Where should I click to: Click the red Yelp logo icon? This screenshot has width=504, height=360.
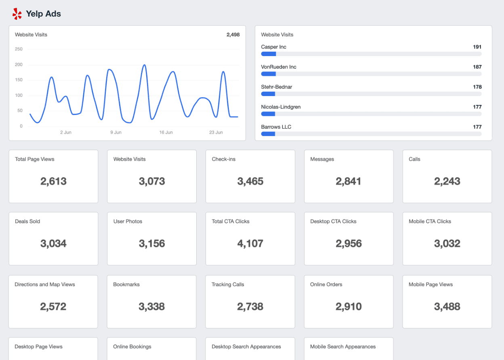pyautogui.click(x=17, y=14)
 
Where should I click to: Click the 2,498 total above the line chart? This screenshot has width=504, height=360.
pyautogui.click(x=233, y=35)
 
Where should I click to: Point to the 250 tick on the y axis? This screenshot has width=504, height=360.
pyautogui.click(x=19, y=49)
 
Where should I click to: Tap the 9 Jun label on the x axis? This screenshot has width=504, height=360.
pyautogui.click(x=115, y=132)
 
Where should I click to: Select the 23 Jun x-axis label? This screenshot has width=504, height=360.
pyautogui.click(x=216, y=132)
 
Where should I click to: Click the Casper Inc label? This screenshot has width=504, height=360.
pyautogui.click(x=273, y=47)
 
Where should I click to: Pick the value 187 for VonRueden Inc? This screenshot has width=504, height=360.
pyautogui.click(x=477, y=67)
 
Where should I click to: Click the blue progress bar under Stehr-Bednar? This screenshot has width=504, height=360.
pyautogui.click(x=268, y=94)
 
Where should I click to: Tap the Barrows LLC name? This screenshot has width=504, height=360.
pyautogui.click(x=276, y=127)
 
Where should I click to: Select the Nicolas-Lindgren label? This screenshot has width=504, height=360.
pyautogui.click(x=281, y=107)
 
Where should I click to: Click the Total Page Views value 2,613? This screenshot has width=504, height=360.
pyautogui.click(x=53, y=181)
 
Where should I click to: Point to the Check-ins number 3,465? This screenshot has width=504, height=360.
pyautogui.click(x=250, y=181)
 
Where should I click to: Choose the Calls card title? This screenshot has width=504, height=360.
pyautogui.click(x=414, y=159)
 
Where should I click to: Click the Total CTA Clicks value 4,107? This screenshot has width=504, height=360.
pyautogui.click(x=250, y=243)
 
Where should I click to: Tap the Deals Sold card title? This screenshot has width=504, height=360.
pyautogui.click(x=27, y=221)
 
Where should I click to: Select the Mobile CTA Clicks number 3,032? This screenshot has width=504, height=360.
pyautogui.click(x=447, y=243)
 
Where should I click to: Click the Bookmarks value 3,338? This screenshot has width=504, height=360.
pyautogui.click(x=152, y=306)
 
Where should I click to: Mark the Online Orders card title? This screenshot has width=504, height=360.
pyautogui.click(x=326, y=285)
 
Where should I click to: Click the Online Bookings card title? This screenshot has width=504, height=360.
pyautogui.click(x=132, y=347)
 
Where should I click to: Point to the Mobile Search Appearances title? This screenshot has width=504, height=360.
pyautogui.click(x=343, y=347)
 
